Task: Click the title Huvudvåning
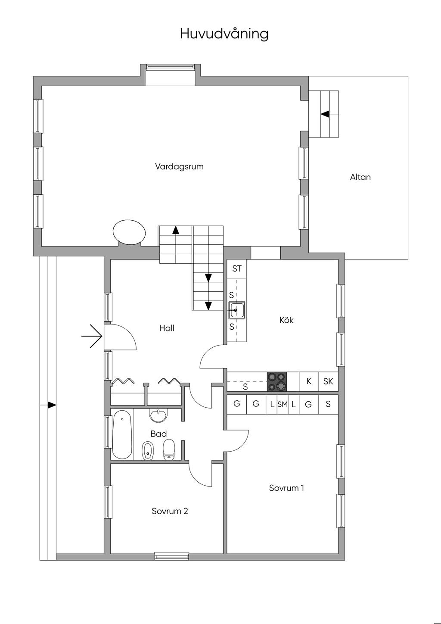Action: (x=224, y=34)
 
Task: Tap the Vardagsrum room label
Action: (x=179, y=167)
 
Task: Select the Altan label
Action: (x=360, y=177)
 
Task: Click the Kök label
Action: (x=286, y=320)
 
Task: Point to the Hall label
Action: (x=167, y=328)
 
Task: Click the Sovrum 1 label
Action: (x=286, y=488)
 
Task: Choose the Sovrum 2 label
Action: (x=170, y=511)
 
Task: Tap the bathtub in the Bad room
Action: (x=122, y=437)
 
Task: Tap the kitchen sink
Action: (x=236, y=310)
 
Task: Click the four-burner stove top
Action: (x=277, y=382)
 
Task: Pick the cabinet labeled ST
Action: (x=236, y=269)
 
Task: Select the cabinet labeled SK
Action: (x=328, y=382)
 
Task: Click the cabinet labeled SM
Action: (x=283, y=405)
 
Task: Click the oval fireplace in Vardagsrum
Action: (x=129, y=233)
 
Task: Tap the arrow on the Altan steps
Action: (x=325, y=114)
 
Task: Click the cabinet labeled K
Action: (x=309, y=382)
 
